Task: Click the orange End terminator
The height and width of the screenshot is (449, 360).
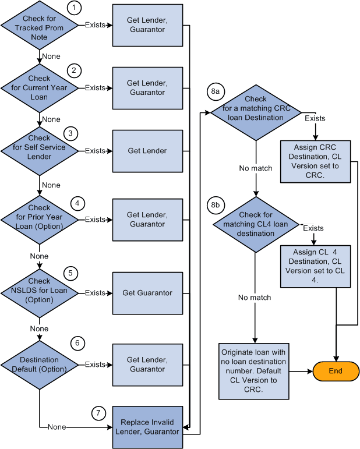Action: click(x=336, y=370)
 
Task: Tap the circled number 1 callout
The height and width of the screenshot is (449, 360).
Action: click(x=74, y=8)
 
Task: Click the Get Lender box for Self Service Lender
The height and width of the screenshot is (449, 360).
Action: click(x=147, y=151)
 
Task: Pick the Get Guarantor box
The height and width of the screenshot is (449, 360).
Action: click(x=147, y=293)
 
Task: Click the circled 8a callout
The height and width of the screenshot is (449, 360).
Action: click(x=215, y=92)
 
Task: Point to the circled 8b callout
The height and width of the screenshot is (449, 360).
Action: click(x=215, y=205)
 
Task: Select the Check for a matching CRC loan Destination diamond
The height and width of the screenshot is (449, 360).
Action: click(x=256, y=109)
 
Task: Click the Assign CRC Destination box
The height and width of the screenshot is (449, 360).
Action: click(x=316, y=161)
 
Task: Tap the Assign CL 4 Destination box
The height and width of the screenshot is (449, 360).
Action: click(x=316, y=266)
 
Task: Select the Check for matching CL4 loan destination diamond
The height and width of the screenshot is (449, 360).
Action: click(x=256, y=225)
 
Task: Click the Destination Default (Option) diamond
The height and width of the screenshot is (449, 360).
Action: click(x=40, y=365)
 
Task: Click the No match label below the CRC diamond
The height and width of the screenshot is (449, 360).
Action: click(x=255, y=168)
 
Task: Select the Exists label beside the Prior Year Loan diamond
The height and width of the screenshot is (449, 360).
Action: click(x=95, y=220)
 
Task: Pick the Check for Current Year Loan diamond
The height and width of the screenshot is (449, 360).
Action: click(x=40, y=88)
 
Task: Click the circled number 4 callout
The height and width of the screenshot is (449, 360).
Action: click(x=77, y=203)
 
